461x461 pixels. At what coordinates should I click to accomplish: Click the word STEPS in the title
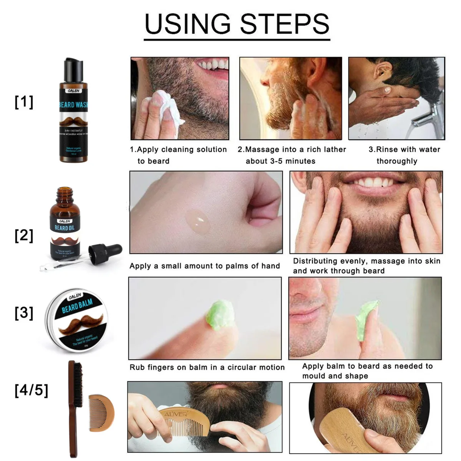point(285,24)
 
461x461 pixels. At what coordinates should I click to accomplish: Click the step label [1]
point(24,102)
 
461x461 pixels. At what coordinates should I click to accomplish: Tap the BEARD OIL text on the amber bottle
point(64,228)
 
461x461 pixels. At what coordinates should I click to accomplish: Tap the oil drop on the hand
point(198,222)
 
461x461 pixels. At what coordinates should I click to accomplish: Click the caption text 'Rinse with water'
point(404,149)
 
